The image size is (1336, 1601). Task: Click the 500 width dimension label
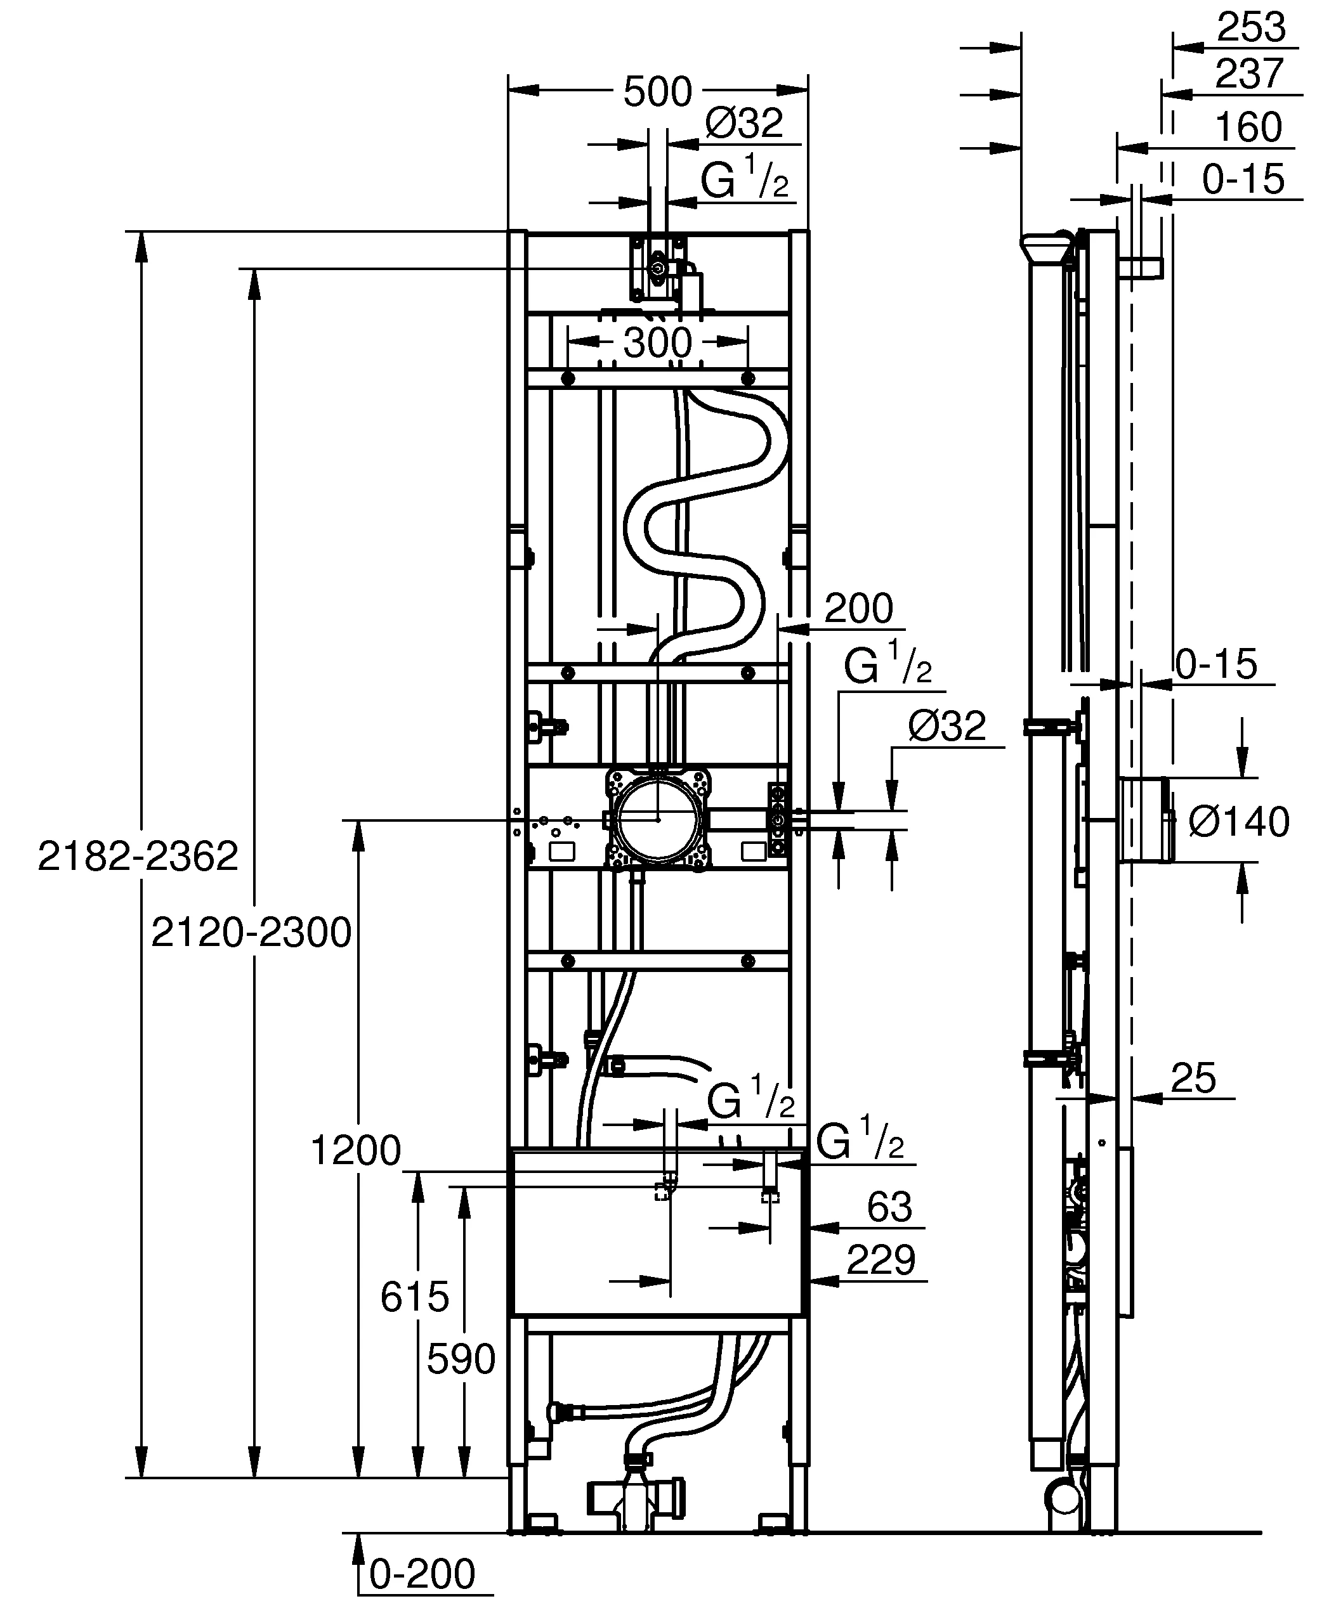[657, 92]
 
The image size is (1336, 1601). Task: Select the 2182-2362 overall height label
[138, 856]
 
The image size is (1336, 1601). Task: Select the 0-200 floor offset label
[422, 1573]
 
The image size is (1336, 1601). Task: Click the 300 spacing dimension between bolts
[657, 343]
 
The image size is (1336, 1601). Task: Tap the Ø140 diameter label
[1238, 822]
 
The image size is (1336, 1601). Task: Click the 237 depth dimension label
[1249, 75]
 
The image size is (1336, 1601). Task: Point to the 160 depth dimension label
[1248, 127]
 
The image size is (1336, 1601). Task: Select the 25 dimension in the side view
[1193, 1078]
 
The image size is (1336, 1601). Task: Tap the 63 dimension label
[889, 1207]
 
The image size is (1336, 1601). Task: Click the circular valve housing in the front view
[657, 820]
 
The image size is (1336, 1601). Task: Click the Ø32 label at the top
[744, 124]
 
